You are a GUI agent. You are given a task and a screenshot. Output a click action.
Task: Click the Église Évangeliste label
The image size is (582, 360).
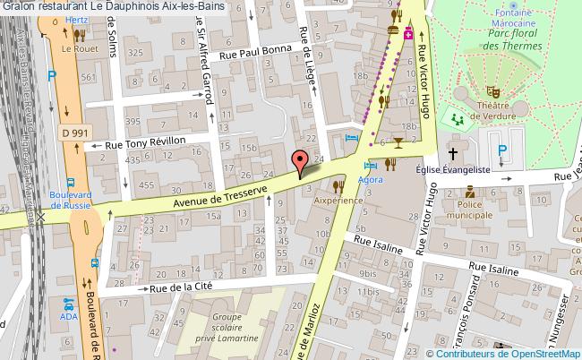[x=453, y=168]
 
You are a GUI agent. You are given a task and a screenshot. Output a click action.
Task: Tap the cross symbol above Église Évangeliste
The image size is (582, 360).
[x=453, y=152]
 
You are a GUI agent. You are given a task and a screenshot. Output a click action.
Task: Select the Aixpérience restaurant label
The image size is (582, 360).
[x=338, y=201]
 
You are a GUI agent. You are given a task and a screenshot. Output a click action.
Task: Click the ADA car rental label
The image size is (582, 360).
[x=69, y=317]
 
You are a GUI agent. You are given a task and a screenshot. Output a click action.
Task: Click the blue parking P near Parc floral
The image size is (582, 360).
[x=502, y=150]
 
